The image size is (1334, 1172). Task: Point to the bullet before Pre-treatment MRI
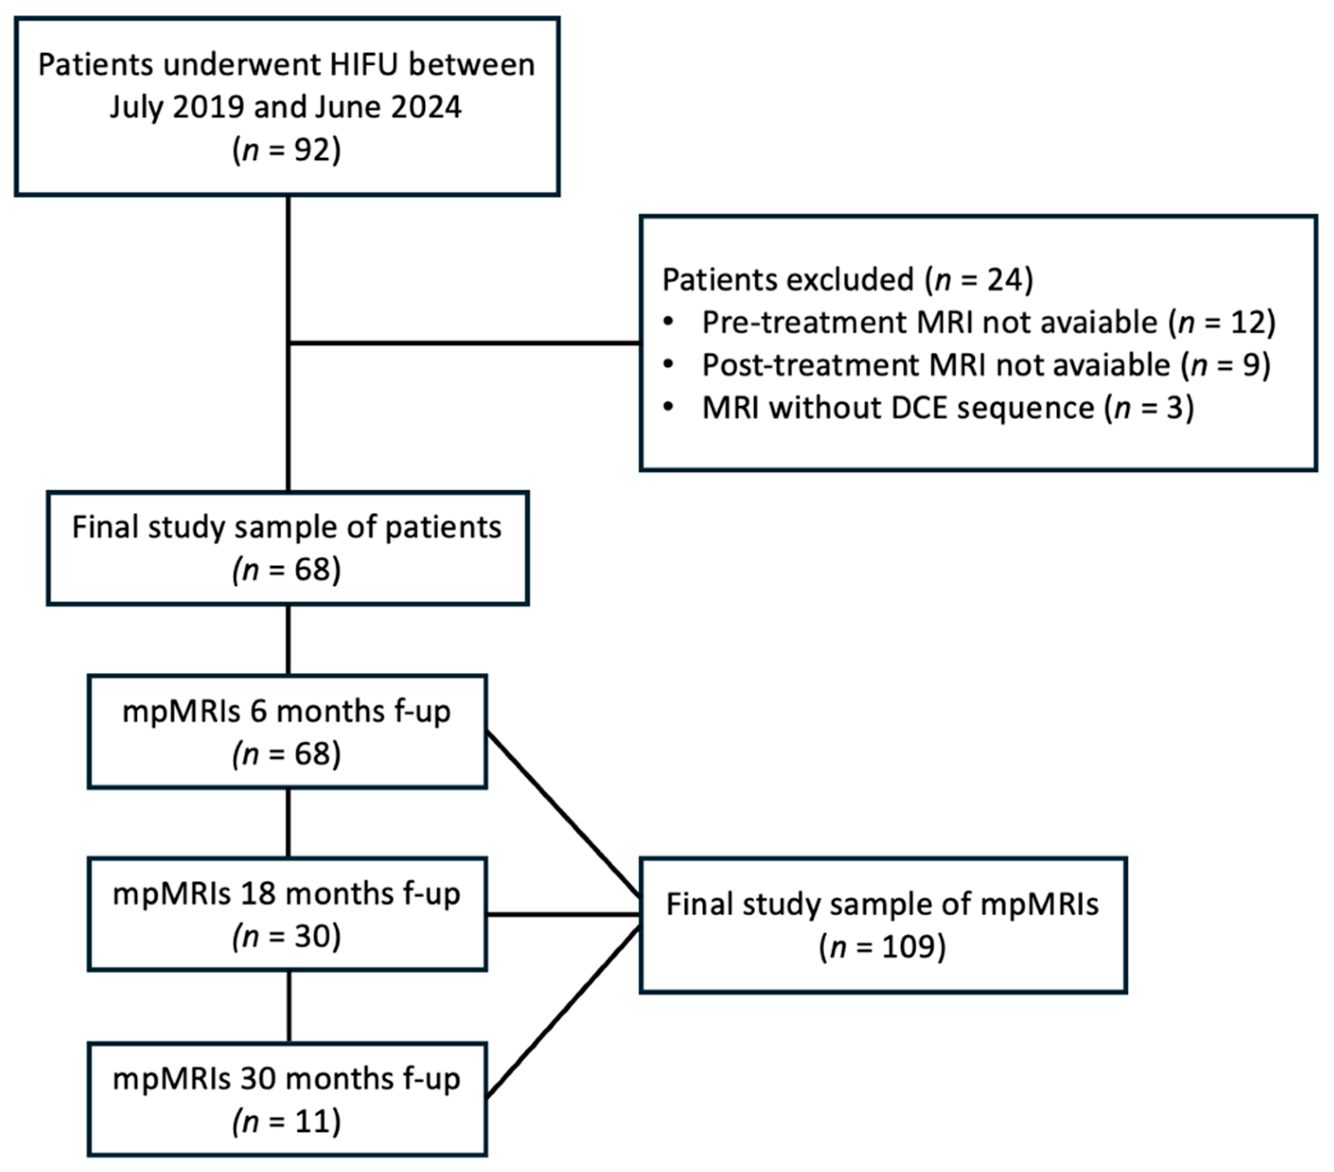tap(668, 322)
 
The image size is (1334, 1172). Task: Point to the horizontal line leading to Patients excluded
tap(463, 342)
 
